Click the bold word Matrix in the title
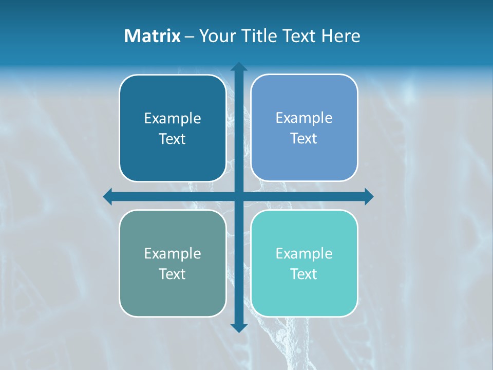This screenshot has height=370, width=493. tap(153, 36)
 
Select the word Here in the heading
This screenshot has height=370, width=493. tap(340, 36)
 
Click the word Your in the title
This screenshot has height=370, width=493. tap(216, 36)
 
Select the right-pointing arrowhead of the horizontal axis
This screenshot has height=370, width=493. tap(368, 196)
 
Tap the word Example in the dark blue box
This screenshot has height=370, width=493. tap(173, 119)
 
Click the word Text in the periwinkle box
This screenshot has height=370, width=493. tap(304, 139)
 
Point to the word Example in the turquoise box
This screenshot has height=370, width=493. tap(304, 253)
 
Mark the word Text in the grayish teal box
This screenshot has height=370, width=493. tap(173, 274)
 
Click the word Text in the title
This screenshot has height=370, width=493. tap(300, 36)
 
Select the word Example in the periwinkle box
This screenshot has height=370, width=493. tap(304, 118)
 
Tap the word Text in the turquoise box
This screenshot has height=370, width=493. tap(304, 274)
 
